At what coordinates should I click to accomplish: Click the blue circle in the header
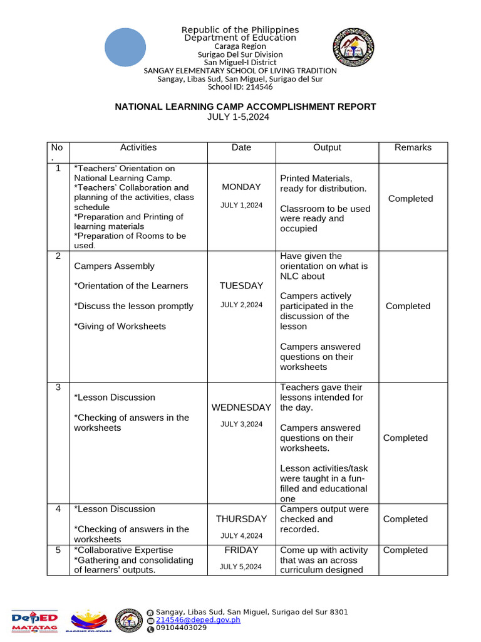pos(125,47)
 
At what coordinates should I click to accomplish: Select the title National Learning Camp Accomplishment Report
pos(245,107)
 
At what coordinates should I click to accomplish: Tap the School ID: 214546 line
pos(240,87)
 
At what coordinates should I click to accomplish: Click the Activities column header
pos(138,148)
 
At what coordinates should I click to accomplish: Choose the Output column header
pos(327,148)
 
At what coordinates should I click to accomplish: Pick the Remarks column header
pos(413,148)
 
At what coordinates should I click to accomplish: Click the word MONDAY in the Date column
pos(241,187)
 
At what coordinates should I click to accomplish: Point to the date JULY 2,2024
pos(241,305)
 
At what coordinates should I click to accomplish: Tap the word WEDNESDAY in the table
pos(241,408)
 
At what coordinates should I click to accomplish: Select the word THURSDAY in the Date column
pos(241,519)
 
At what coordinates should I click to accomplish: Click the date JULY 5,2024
pos(241,567)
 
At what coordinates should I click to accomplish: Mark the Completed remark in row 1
pos(410,199)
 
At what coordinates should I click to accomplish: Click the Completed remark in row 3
pos(405,438)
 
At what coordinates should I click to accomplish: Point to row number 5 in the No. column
pos(58,550)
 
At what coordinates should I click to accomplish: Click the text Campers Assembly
pos(114,266)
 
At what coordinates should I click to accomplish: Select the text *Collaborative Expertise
pos(123,550)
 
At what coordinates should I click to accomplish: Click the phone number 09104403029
pos(181,628)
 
